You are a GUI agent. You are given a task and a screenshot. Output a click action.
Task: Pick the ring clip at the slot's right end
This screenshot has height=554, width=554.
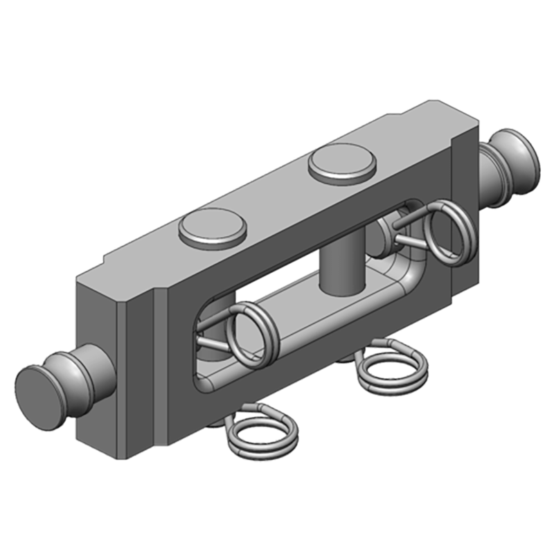(447, 231)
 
